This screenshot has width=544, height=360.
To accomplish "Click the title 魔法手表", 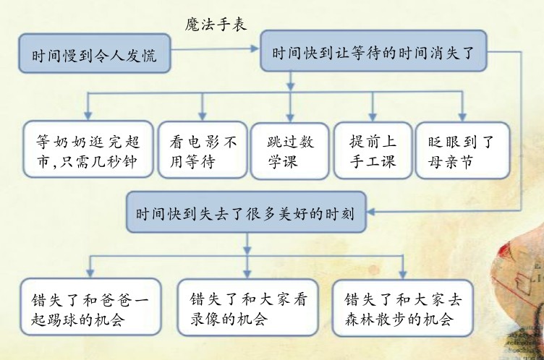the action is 216,25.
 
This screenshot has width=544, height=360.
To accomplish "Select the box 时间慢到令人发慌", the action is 95,53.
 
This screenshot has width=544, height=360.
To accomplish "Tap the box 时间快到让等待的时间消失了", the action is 374,51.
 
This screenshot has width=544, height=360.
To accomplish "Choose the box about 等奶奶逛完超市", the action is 88,149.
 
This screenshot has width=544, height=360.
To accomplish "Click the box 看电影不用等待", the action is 203,150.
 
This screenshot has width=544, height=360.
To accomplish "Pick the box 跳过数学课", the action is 289,151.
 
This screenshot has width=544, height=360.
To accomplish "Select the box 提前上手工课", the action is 373,150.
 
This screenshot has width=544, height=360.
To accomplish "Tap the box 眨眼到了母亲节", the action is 462,150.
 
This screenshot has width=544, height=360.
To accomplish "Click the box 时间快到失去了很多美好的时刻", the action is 247,212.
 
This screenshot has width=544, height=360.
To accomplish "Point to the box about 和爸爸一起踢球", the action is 91,307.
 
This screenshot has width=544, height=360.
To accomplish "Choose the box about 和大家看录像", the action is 247,307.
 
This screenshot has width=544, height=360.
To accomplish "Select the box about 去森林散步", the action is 403,308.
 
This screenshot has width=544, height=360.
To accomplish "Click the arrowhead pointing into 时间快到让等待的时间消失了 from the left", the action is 255,48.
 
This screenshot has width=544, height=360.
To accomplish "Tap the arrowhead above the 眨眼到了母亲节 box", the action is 462,116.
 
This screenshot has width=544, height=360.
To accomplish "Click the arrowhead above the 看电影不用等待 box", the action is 203,116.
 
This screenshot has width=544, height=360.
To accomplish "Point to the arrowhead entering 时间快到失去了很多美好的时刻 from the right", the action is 371,212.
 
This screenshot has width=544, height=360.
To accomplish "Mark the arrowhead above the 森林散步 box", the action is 402,274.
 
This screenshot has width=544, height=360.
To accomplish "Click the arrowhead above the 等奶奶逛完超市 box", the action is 88,116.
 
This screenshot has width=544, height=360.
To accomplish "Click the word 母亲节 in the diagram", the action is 450,162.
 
